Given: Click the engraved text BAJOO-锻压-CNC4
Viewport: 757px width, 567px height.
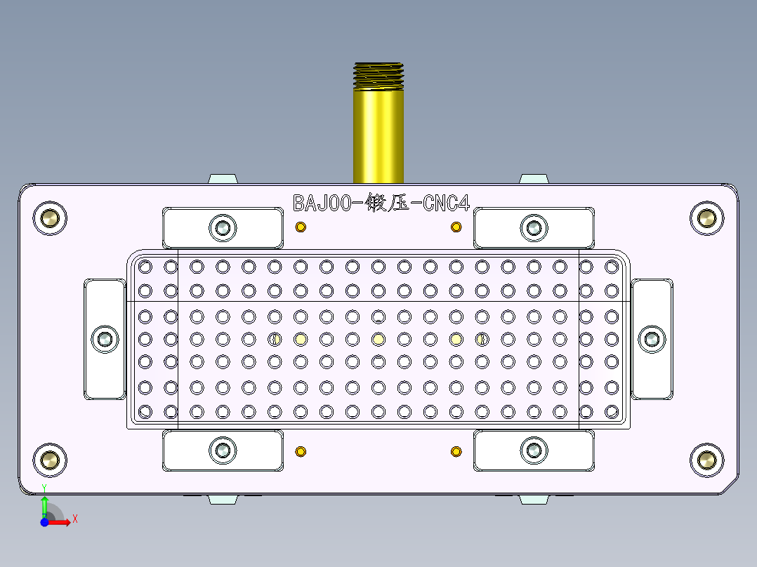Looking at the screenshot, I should (x=381, y=204).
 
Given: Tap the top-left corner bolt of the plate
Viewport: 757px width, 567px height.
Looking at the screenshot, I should (x=50, y=218).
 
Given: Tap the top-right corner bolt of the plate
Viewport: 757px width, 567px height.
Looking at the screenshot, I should (x=706, y=218).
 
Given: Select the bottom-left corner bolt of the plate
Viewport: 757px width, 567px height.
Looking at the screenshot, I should (x=50, y=460).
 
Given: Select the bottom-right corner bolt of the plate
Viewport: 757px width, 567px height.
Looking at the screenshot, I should (x=706, y=460).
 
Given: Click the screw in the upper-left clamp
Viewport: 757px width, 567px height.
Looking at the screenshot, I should (x=223, y=227).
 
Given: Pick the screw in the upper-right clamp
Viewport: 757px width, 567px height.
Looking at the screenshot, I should (x=534, y=227).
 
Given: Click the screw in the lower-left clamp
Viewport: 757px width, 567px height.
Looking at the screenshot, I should (x=223, y=450).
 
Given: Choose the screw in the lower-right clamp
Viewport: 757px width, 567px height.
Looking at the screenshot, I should (x=534, y=450).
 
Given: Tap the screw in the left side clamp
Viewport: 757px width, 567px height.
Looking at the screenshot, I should (x=106, y=339).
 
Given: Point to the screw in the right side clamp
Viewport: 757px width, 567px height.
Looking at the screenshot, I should (x=651, y=339).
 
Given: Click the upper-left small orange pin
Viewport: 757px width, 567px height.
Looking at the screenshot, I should (x=301, y=227).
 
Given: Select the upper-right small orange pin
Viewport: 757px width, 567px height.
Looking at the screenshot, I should (x=456, y=227).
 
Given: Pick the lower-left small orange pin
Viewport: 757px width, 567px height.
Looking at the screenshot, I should (x=301, y=451).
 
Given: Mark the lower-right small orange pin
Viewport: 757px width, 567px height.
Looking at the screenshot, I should (x=456, y=451).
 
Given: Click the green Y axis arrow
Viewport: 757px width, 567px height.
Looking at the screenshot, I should (x=44, y=504).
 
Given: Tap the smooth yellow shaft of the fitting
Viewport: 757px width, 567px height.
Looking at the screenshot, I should (x=378, y=133).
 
